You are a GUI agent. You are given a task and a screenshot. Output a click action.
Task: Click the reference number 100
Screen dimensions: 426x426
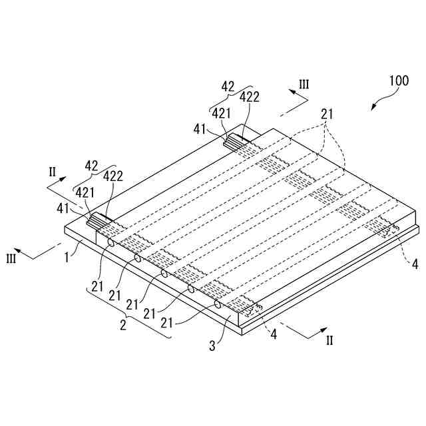click(399, 81)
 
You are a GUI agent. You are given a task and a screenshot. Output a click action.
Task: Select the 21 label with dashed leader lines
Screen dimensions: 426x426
click(327, 114)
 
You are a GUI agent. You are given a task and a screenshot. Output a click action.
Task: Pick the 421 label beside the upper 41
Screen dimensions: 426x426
click(222, 113)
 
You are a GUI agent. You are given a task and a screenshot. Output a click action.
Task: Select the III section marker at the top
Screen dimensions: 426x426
click(304, 85)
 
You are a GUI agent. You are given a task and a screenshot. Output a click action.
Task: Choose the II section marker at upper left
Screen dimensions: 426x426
click(53, 172)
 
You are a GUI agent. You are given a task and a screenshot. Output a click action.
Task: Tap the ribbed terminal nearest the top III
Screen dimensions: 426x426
click(237, 140)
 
